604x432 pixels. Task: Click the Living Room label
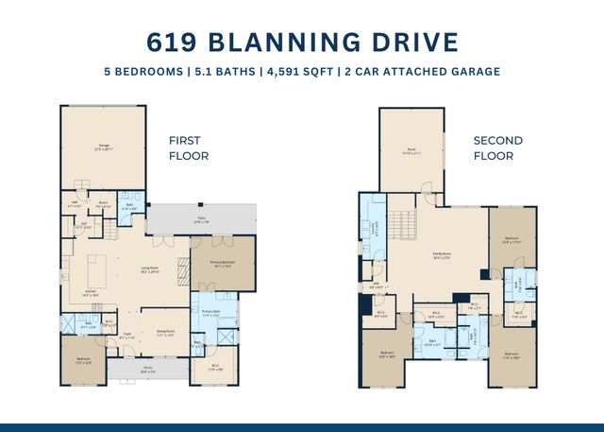click(x=150, y=270)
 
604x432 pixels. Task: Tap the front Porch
click(x=147, y=370)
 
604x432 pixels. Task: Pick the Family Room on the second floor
click(x=441, y=253)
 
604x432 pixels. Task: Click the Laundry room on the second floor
click(x=375, y=228)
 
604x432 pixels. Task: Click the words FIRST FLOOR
click(x=189, y=147)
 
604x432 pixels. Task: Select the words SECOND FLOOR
click(x=498, y=147)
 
